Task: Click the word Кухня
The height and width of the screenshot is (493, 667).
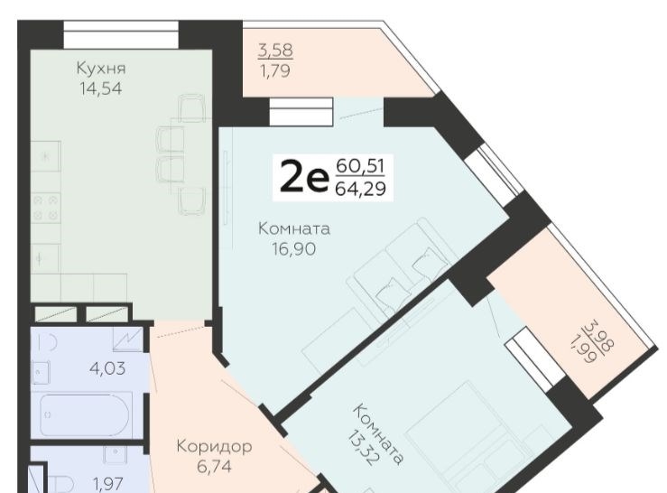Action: [101, 69]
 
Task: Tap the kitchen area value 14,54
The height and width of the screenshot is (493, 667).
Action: [101, 88]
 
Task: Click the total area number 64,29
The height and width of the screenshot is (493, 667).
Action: [361, 189]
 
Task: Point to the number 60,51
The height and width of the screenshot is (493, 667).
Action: [360, 165]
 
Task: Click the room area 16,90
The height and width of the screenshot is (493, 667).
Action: [294, 249]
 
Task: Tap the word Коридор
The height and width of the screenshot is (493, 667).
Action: [215, 447]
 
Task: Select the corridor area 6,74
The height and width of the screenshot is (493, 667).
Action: [215, 467]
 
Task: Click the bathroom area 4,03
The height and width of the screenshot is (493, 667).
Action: [107, 368]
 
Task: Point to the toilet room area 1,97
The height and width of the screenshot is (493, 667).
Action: [108, 484]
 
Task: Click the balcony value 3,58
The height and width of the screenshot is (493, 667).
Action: [275, 51]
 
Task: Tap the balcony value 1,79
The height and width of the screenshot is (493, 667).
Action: [274, 70]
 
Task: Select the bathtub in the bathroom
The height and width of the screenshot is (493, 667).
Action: [86, 415]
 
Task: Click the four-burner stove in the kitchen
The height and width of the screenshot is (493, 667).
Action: [46, 209]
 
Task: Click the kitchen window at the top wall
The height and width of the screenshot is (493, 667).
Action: [121, 35]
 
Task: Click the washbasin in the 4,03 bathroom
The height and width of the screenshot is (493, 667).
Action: [41, 373]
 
